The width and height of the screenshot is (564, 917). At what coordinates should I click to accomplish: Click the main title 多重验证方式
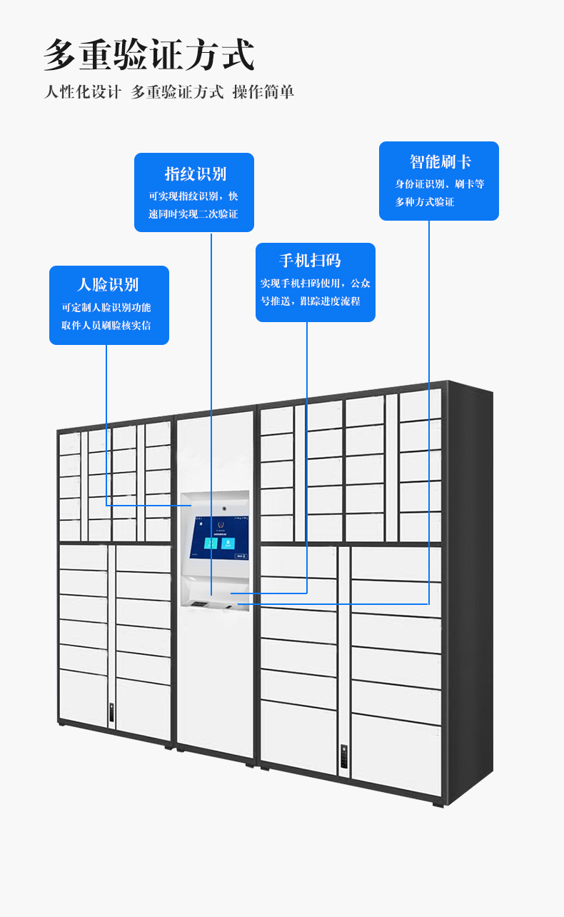coord(149,55)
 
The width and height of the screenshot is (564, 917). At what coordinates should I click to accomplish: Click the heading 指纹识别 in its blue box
coord(195,174)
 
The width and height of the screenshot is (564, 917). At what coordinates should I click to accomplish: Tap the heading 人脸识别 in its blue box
coord(108,285)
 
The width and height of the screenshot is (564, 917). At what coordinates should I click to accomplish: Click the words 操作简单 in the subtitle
coord(263,92)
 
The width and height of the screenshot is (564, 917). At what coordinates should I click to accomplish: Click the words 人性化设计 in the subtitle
coord(83,92)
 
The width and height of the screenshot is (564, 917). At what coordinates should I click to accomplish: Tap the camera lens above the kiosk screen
coord(224,508)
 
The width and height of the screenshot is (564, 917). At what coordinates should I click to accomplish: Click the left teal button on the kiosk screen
coord(211,543)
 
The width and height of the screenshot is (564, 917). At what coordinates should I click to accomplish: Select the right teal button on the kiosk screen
coord(227,543)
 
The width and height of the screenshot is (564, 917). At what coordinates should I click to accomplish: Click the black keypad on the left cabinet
coord(112,712)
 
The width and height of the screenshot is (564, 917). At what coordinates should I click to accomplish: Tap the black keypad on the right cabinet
coord(343,756)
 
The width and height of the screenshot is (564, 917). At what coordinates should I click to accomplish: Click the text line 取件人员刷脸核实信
coord(106,326)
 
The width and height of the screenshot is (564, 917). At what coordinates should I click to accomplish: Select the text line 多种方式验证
coord(425,202)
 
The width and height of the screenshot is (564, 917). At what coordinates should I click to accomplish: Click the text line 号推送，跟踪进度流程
coord(311,301)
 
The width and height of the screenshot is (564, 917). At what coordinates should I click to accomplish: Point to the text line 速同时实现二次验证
coord(193,214)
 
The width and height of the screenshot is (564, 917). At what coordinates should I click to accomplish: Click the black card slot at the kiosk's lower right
coord(230,607)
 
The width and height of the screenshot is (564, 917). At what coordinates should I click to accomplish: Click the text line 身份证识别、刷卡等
coord(440,184)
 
